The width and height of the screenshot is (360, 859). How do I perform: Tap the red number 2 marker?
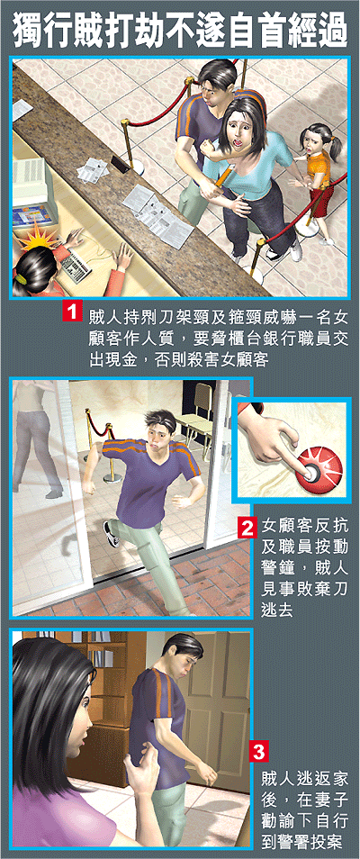(x=247, y=529)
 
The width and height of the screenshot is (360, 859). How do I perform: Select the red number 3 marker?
(x=258, y=753)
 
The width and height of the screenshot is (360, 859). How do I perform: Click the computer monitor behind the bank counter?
(x=29, y=181)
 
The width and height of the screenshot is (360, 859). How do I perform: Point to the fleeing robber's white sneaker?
(x=112, y=534)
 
